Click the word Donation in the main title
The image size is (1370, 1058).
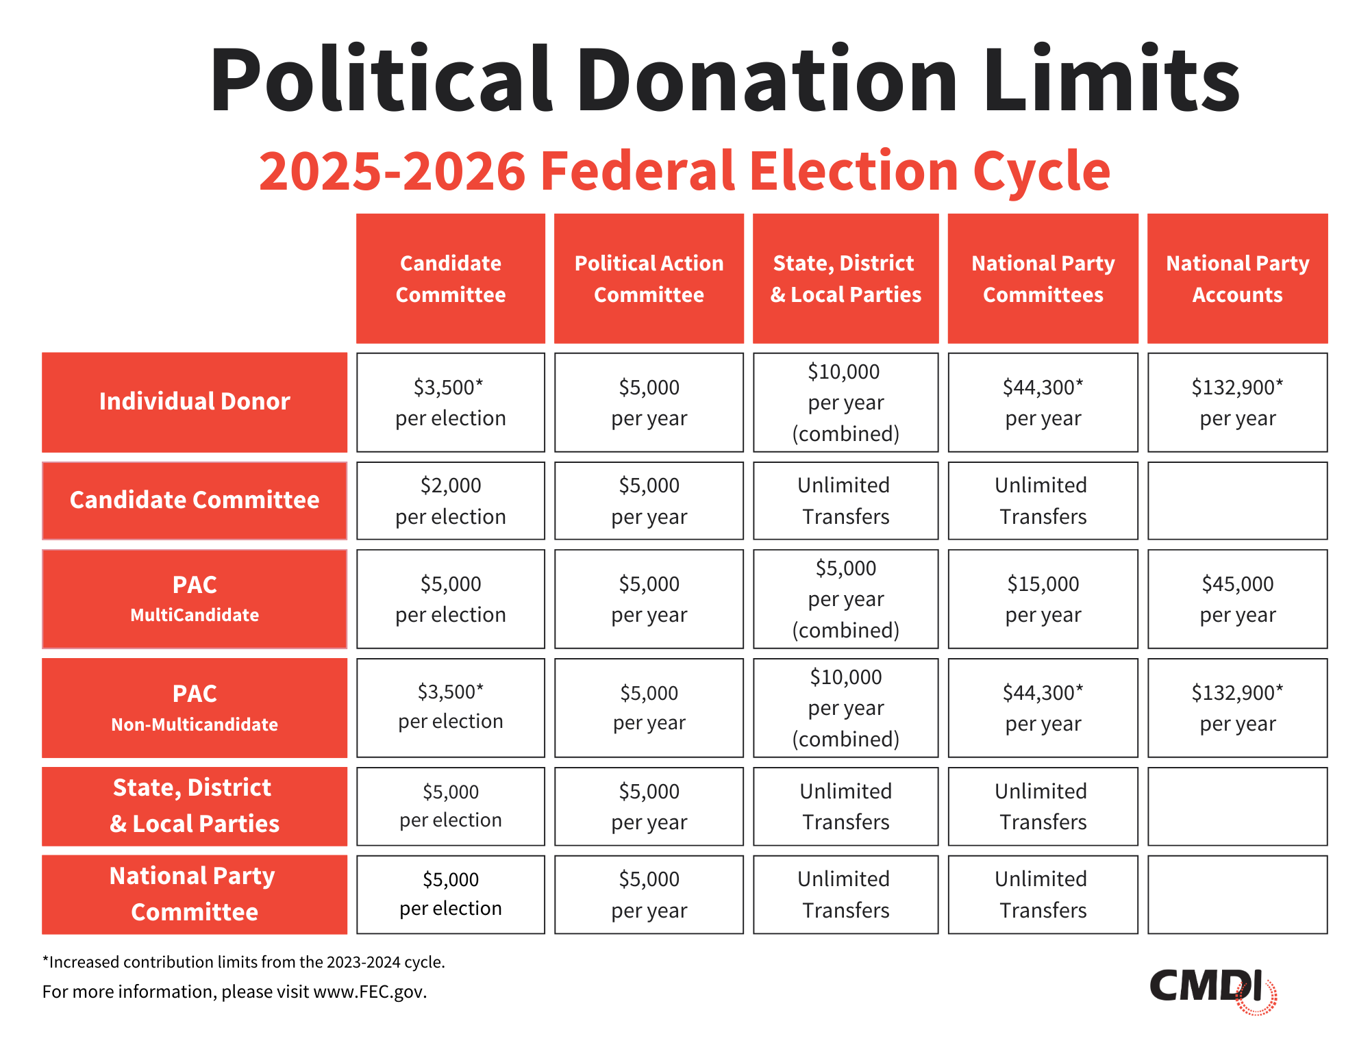766,81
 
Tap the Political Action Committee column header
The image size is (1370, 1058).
649,279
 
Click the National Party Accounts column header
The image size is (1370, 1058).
1237,279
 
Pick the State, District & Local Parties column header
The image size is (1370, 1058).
845,279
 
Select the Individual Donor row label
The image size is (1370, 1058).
195,402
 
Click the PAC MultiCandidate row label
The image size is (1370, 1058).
195,599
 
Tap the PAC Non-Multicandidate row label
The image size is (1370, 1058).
195,707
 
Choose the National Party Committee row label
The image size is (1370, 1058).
195,894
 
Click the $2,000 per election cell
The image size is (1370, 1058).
450,501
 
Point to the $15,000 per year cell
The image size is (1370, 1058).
1043,599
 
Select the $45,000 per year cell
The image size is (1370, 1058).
1237,599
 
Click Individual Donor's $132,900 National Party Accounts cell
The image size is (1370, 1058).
1237,402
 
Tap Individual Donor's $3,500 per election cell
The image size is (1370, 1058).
450,402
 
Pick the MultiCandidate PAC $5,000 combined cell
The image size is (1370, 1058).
845,599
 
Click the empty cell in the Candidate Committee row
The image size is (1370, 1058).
1237,501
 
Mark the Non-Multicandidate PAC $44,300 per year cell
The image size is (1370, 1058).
1043,707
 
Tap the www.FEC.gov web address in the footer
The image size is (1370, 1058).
369,992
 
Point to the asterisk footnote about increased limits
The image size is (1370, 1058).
243,961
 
